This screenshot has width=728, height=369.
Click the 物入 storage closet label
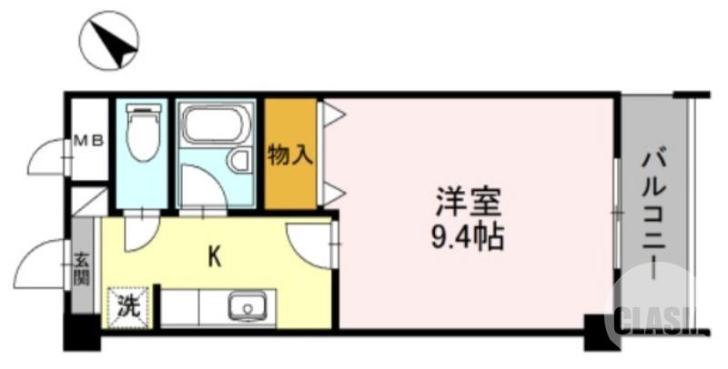(x=290, y=155)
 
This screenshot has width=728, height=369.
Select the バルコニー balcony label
(x=652, y=213)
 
